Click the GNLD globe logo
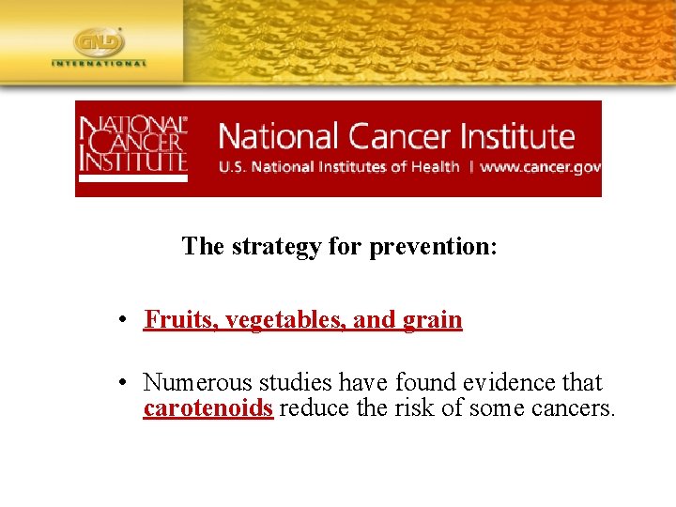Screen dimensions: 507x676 coord(99,42)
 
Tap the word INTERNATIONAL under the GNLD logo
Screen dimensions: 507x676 coord(99,64)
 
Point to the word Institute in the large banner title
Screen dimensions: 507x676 coord(521,136)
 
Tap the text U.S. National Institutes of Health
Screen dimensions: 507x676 coord(339,167)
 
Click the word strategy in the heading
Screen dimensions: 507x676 coord(276,246)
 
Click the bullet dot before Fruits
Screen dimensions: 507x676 coord(123,320)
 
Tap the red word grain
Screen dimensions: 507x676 coord(432,320)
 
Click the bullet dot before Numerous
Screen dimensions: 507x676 coord(123,383)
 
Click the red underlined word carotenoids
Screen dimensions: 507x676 coord(207,408)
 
